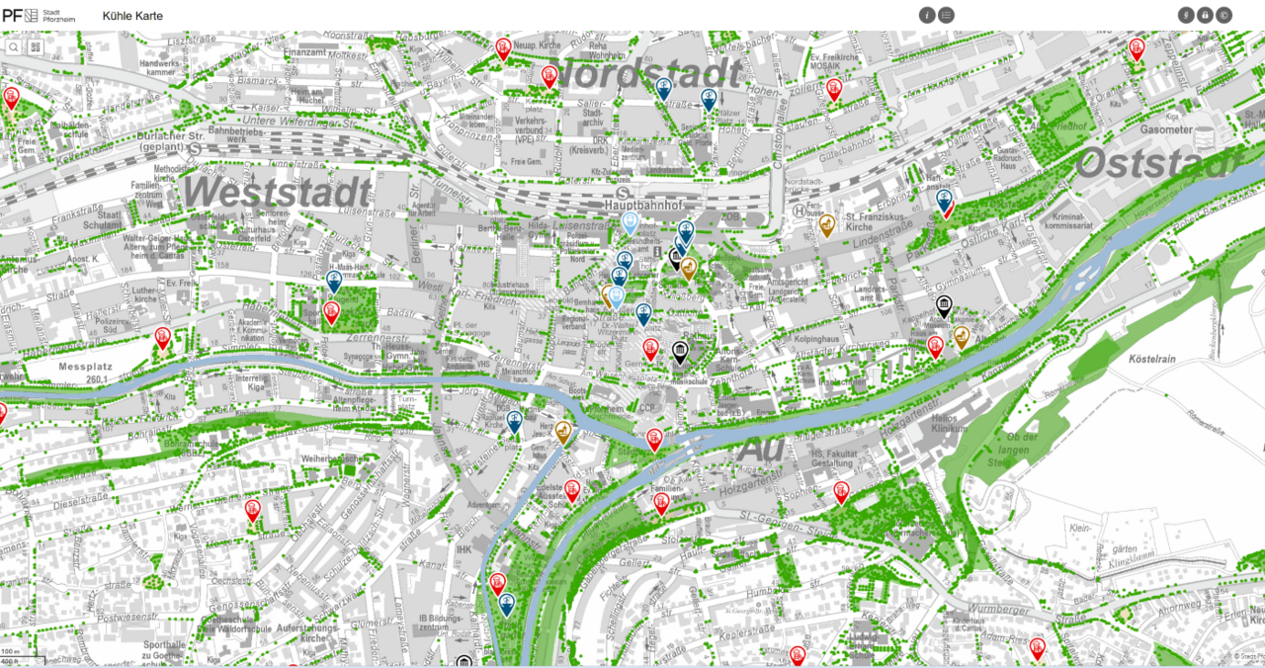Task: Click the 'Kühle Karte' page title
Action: (132, 16)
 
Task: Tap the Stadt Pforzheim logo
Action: (38, 15)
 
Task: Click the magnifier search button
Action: (14, 46)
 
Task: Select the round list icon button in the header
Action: (947, 15)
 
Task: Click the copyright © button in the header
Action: (1223, 15)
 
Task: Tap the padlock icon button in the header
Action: (1205, 15)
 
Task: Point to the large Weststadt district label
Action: (277, 191)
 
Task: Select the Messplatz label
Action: (84, 367)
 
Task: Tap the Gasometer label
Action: (1167, 129)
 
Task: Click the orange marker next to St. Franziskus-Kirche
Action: (827, 223)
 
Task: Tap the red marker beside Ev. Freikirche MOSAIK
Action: (834, 87)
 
